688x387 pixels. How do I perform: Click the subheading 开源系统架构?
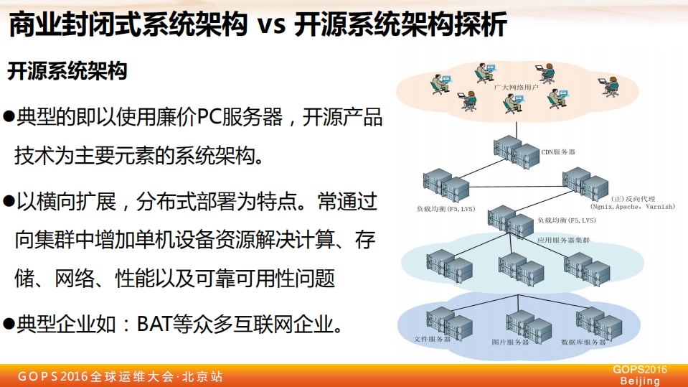pos(67,72)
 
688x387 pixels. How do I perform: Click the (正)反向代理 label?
pos(629,197)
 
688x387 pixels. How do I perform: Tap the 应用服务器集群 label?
pos(563,239)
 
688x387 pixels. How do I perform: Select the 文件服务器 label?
pos(433,338)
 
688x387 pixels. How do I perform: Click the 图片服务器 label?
pos(510,342)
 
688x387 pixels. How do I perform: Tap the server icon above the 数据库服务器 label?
pos(596,324)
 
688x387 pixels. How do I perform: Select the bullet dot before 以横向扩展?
pos(9,201)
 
